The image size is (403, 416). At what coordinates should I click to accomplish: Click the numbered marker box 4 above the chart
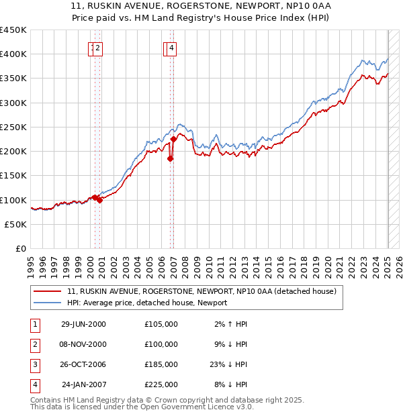click(172, 48)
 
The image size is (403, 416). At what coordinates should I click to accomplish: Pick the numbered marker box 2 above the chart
click(97, 48)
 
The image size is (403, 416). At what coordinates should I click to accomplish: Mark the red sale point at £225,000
click(173, 139)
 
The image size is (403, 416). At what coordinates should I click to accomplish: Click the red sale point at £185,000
click(171, 159)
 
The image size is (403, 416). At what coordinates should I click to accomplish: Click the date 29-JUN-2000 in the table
click(83, 324)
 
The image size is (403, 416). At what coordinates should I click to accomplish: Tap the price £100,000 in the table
click(161, 344)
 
